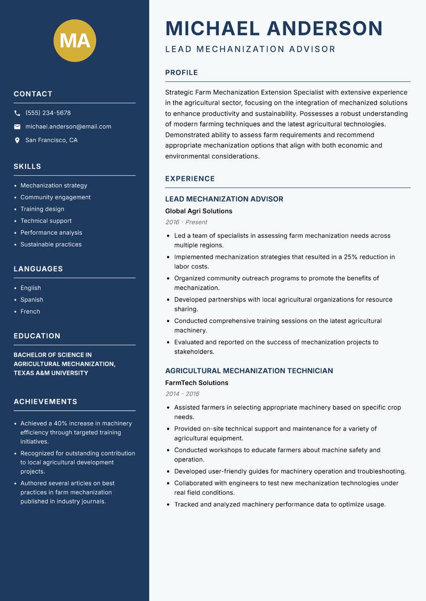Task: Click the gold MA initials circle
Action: [x=75, y=40]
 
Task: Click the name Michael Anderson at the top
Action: [x=274, y=28]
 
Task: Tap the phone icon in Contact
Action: [x=17, y=113]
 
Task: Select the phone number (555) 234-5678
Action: [x=48, y=113]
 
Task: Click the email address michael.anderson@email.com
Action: [x=68, y=127]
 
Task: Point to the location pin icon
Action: [x=17, y=140]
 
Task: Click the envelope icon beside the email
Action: [x=17, y=127]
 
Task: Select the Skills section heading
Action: [x=27, y=166]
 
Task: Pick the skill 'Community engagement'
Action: [x=55, y=197]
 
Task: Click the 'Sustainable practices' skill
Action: [x=51, y=244]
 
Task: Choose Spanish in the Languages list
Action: [x=32, y=299]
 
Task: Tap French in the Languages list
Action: [x=30, y=311]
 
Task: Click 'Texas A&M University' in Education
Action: [x=51, y=373]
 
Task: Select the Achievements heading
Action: [x=45, y=402]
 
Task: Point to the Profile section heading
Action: [x=181, y=73]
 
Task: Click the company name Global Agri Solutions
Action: [x=199, y=211]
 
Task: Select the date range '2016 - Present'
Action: [x=186, y=222]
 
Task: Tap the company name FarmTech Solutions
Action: [x=196, y=383]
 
